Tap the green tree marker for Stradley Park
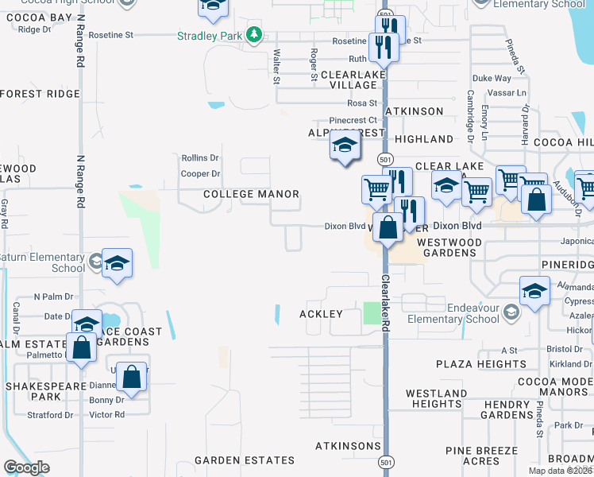point(253,35)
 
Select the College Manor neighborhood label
point(251,194)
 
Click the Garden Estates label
point(245,460)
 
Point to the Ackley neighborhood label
point(321,314)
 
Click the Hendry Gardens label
point(507,410)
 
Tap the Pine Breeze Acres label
point(482,456)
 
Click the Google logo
point(26,467)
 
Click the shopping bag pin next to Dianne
point(133,378)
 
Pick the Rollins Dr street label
point(200,158)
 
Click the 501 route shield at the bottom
point(386,460)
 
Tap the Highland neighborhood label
point(423,139)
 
